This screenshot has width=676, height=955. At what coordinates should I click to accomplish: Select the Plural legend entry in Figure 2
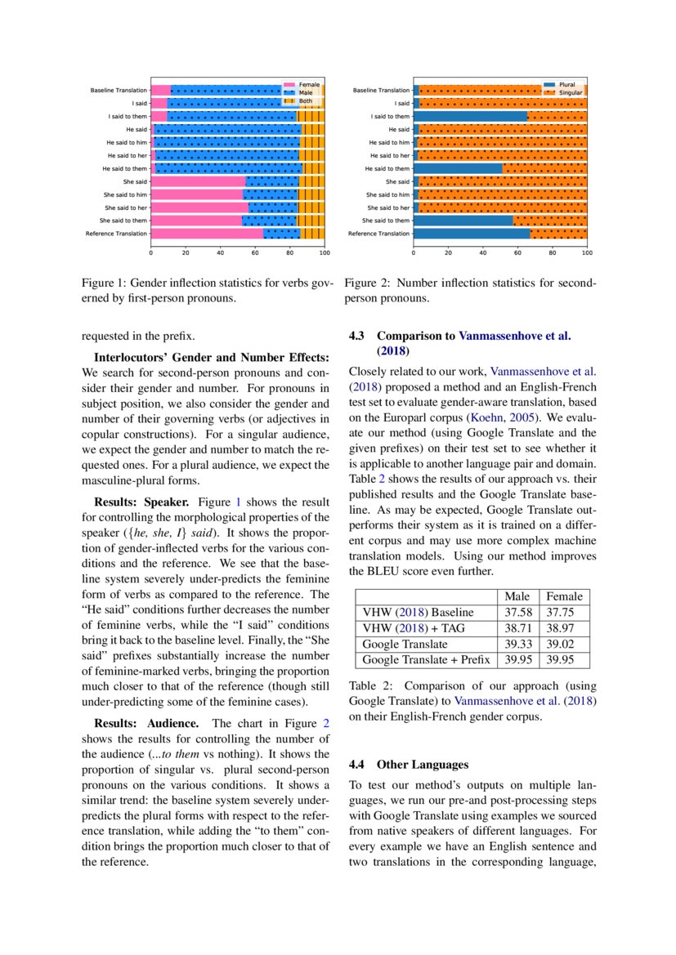point(566,84)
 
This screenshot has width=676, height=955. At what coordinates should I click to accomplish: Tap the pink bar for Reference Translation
point(208,234)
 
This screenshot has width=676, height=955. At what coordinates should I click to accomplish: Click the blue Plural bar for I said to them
point(470,116)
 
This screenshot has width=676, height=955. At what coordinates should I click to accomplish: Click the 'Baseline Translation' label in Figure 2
point(381,90)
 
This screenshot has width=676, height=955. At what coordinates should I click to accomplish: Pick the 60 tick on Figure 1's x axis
point(256,253)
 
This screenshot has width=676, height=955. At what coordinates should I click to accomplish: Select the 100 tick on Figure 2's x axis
point(586,253)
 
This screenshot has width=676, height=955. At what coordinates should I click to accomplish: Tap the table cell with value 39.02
point(564,644)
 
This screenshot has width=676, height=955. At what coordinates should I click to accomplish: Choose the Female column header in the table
point(564,597)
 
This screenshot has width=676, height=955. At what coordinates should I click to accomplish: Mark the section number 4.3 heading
point(359,336)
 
